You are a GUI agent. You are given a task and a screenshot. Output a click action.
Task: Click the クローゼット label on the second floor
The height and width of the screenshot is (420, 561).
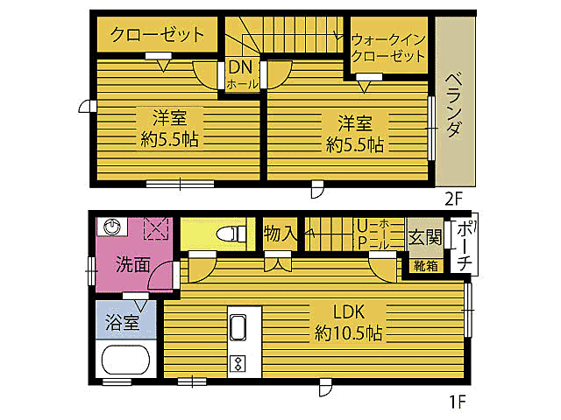pos(157,35)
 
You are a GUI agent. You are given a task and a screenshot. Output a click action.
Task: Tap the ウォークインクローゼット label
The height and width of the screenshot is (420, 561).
pos(388,47)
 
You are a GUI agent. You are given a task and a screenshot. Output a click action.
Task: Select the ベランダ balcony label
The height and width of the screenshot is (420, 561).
pos(454,105)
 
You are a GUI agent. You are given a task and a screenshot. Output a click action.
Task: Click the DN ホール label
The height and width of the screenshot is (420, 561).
pos(242,75)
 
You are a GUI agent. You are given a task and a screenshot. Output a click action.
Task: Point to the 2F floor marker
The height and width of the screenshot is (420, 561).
pos(453,198)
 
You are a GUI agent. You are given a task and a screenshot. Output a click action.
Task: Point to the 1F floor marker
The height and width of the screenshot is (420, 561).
pos(456,403)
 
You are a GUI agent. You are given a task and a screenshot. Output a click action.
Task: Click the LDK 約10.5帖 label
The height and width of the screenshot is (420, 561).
pos(349,321)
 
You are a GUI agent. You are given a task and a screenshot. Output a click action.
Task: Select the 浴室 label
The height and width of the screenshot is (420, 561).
pos(124,321)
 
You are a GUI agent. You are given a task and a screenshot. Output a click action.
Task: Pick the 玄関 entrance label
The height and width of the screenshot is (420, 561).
pos(425,238)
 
